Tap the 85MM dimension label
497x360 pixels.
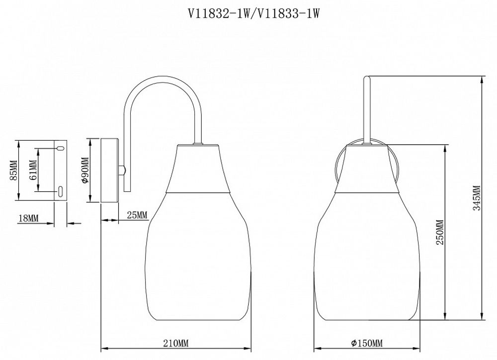tap(13, 170)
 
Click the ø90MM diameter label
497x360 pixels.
tap(84, 170)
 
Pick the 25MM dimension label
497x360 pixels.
tap(137, 215)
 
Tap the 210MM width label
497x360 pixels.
tap(176, 344)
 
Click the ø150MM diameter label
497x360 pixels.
tap(366, 344)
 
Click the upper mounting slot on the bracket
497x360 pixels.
tap(59, 148)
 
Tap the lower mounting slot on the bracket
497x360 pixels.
tap(59, 191)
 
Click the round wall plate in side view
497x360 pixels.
tap(110, 170)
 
